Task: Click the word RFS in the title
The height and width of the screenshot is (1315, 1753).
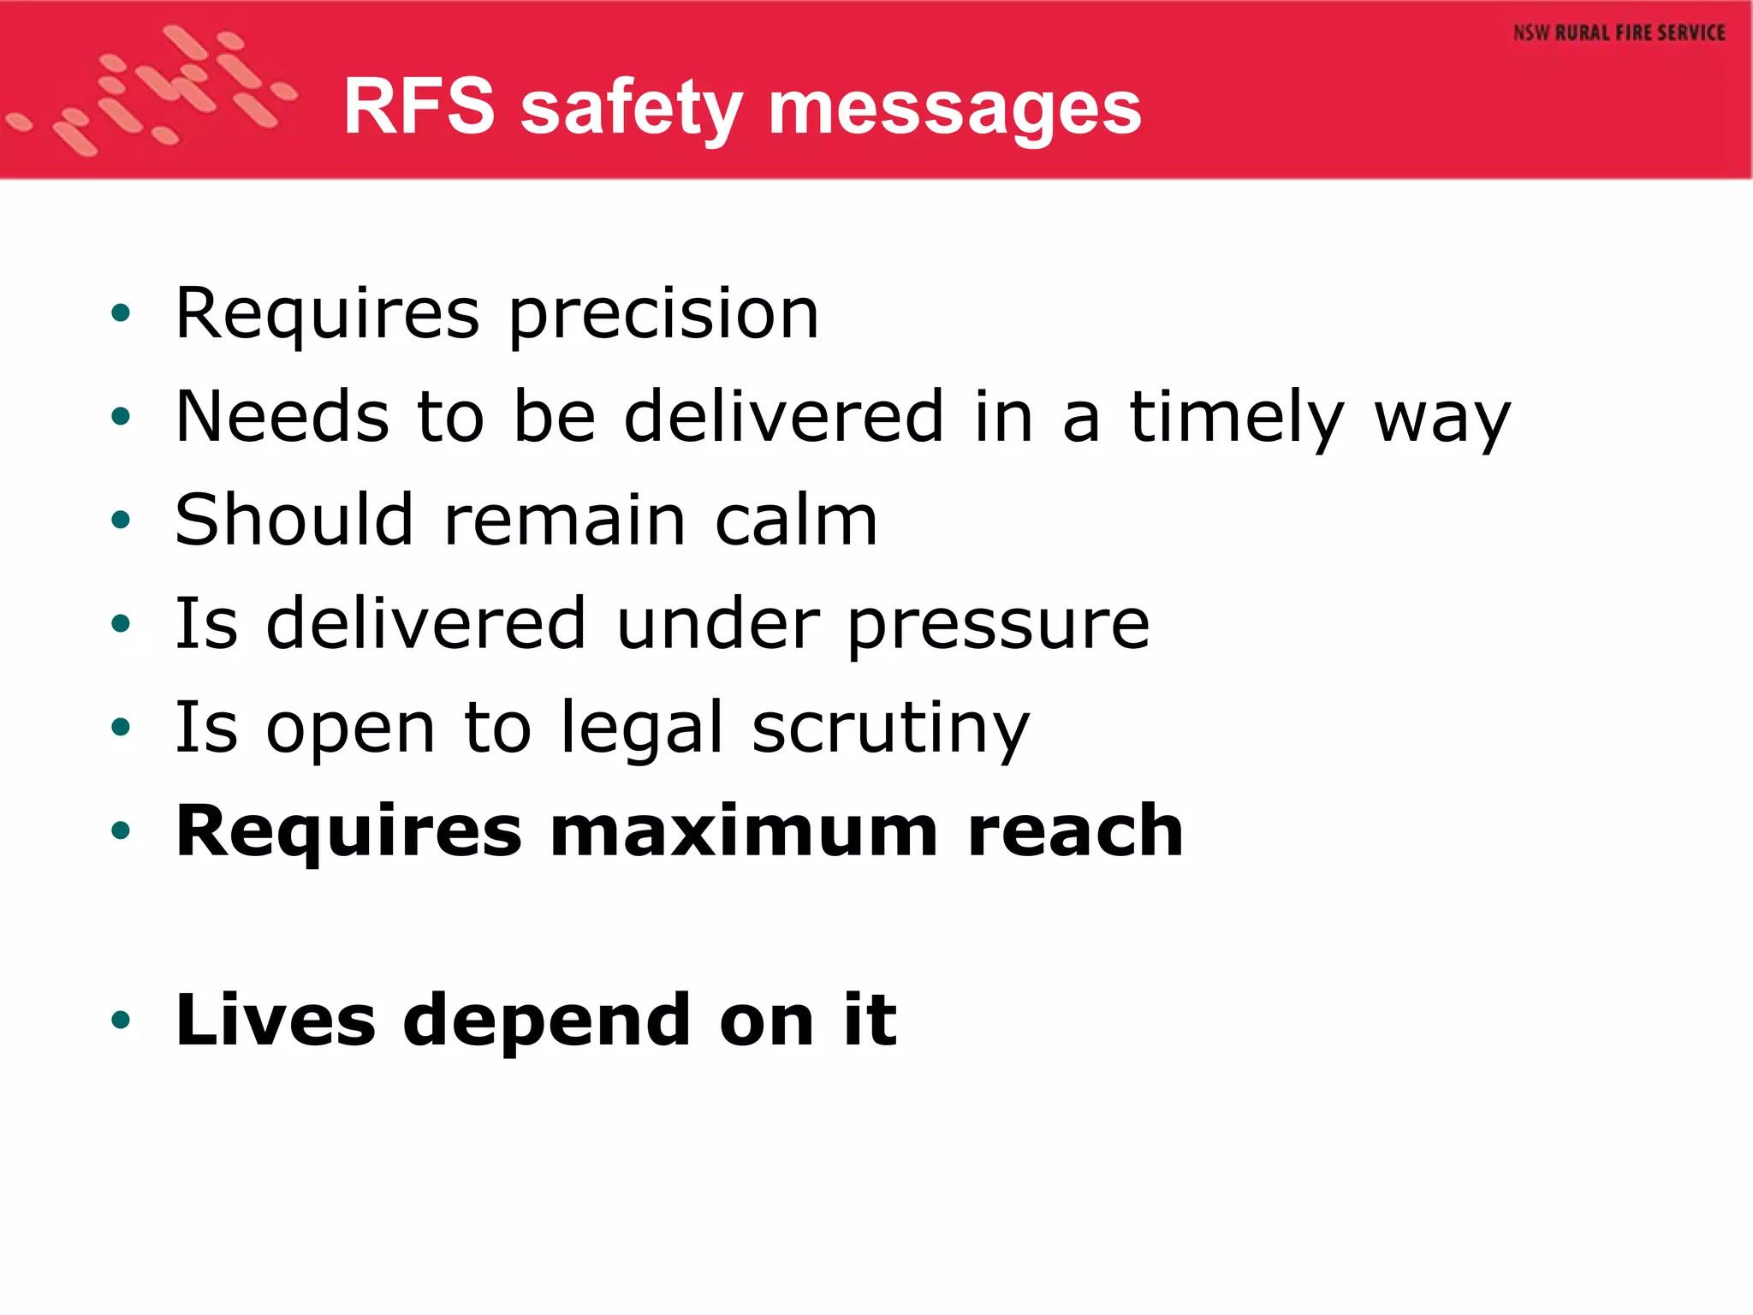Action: [x=419, y=106]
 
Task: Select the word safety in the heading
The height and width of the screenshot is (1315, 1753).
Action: [x=631, y=111]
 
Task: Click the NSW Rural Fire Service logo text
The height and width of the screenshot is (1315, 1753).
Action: [x=1619, y=33]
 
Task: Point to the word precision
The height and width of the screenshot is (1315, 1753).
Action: [x=663, y=315]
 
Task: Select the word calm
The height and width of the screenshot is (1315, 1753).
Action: [x=796, y=521]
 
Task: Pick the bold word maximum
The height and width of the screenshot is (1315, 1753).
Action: [x=745, y=831]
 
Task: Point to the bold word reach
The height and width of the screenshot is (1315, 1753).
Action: [x=1075, y=831]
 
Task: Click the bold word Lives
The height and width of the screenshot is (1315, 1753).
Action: [x=275, y=1020]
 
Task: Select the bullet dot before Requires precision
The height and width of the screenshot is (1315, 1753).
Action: [x=121, y=313]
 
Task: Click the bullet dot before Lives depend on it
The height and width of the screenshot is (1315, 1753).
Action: [x=121, y=1020]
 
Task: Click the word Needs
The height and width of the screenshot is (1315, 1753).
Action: [x=282, y=417]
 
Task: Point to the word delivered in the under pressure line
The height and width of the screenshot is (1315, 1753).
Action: [x=426, y=624]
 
